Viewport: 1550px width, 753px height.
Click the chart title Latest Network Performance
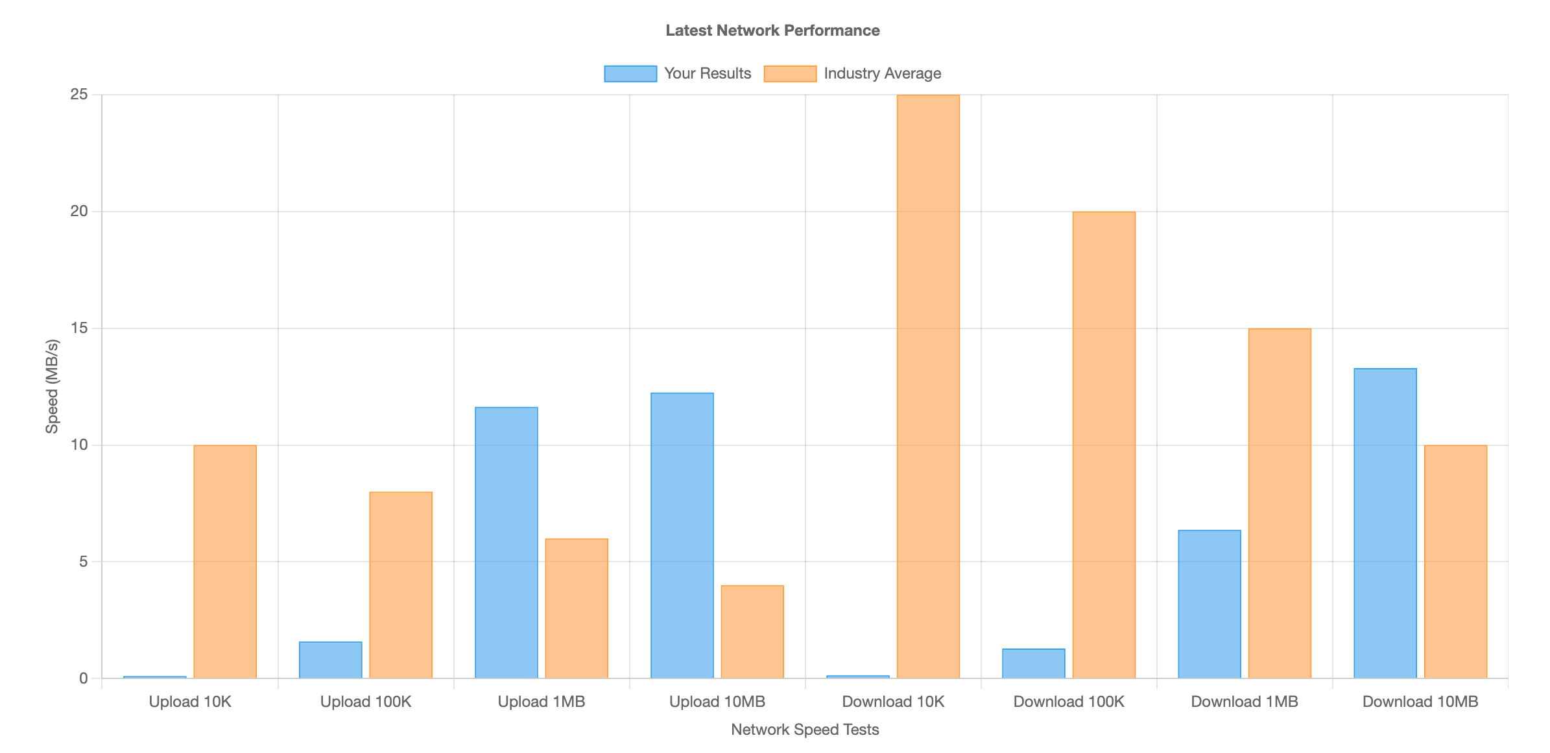coord(772,31)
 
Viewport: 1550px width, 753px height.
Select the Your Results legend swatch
coord(630,73)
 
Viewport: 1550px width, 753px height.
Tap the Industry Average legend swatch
coord(790,73)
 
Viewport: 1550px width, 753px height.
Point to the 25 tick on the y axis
coord(79,95)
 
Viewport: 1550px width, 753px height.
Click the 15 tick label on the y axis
coord(79,328)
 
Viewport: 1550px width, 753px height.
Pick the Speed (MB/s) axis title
coord(52,386)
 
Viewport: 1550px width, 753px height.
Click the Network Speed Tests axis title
coord(805,730)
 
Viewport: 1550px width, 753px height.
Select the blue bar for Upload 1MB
coord(507,543)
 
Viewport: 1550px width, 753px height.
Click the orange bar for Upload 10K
coord(225,562)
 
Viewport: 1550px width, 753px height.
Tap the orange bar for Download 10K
coord(928,386)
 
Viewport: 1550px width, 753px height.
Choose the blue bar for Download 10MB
coord(1385,523)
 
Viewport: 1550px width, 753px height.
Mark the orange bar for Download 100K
coord(1104,445)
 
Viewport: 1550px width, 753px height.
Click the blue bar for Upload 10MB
coord(682,536)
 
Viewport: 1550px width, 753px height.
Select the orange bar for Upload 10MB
coord(752,632)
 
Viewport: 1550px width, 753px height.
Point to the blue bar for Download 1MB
coord(1210,604)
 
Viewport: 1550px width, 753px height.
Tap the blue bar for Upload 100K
coord(331,660)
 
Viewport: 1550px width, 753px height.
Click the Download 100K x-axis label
coord(1069,702)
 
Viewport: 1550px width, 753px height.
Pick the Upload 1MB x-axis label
coord(542,702)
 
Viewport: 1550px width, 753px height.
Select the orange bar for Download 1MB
coord(1280,503)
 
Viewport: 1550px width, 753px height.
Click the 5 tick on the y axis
coord(83,562)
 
